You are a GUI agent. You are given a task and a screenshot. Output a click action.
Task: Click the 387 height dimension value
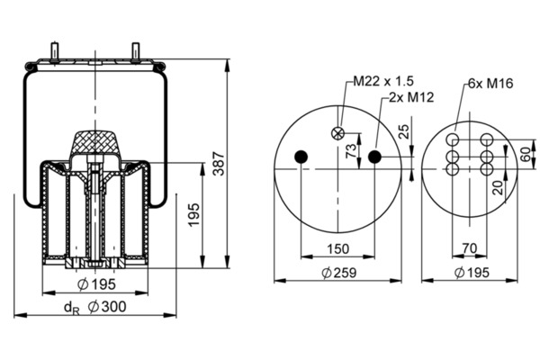219,163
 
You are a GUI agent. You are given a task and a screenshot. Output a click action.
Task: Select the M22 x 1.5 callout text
383,81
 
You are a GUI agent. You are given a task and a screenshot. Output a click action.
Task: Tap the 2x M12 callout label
411,97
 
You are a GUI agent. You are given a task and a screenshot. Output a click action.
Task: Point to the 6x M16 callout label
490,83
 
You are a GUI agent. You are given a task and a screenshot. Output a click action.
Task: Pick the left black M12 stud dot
301,157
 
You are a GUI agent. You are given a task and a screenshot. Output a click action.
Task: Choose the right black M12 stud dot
374,157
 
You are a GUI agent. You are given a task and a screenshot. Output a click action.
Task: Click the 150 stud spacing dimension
337,248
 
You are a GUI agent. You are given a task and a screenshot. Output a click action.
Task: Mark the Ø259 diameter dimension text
338,273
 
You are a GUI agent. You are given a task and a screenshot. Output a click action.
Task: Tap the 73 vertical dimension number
351,151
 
